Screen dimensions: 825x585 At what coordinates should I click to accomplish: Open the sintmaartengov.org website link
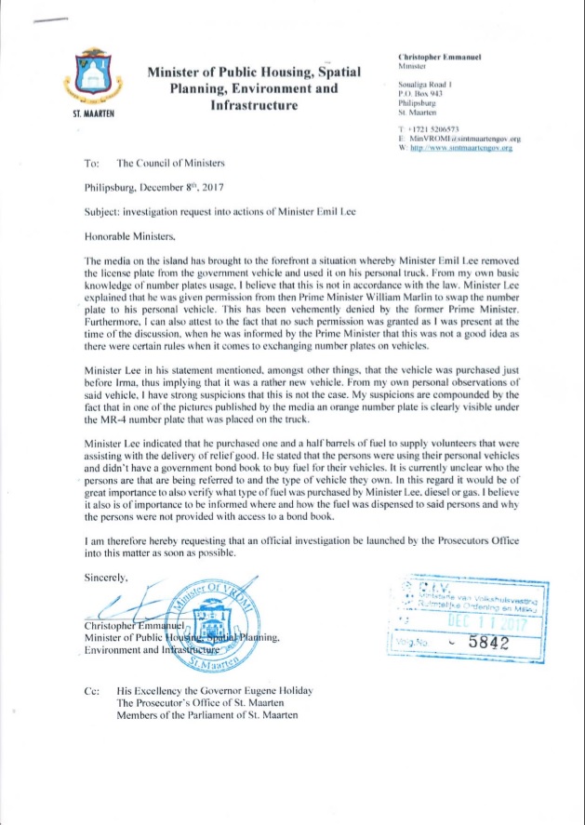456,147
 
